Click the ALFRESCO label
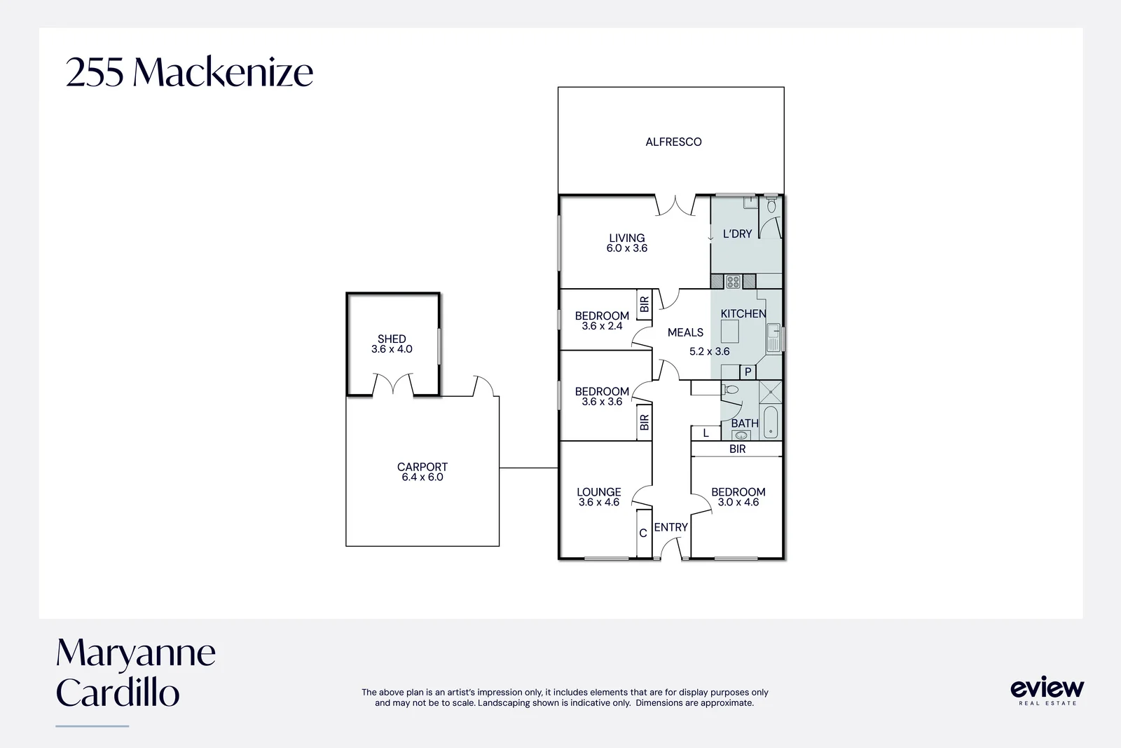point(673,142)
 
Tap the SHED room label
point(392,339)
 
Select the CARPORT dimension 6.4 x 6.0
point(422,477)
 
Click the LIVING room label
point(626,238)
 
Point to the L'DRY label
point(737,234)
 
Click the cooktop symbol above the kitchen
point(733,282)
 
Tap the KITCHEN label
point(743,313)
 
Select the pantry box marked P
point(748,372)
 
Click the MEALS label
point(685,332)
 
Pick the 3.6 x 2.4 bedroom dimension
point(602,326)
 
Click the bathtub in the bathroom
point(771,422)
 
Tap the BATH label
point(744,423)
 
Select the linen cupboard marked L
point(706,433)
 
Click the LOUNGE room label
point(599,492)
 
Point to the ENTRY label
point(671,527)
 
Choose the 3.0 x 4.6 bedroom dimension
point(738,503)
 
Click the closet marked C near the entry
point(643,533)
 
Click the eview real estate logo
point(1047,690)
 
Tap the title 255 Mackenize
point(189,72)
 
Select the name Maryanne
point(136,653)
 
